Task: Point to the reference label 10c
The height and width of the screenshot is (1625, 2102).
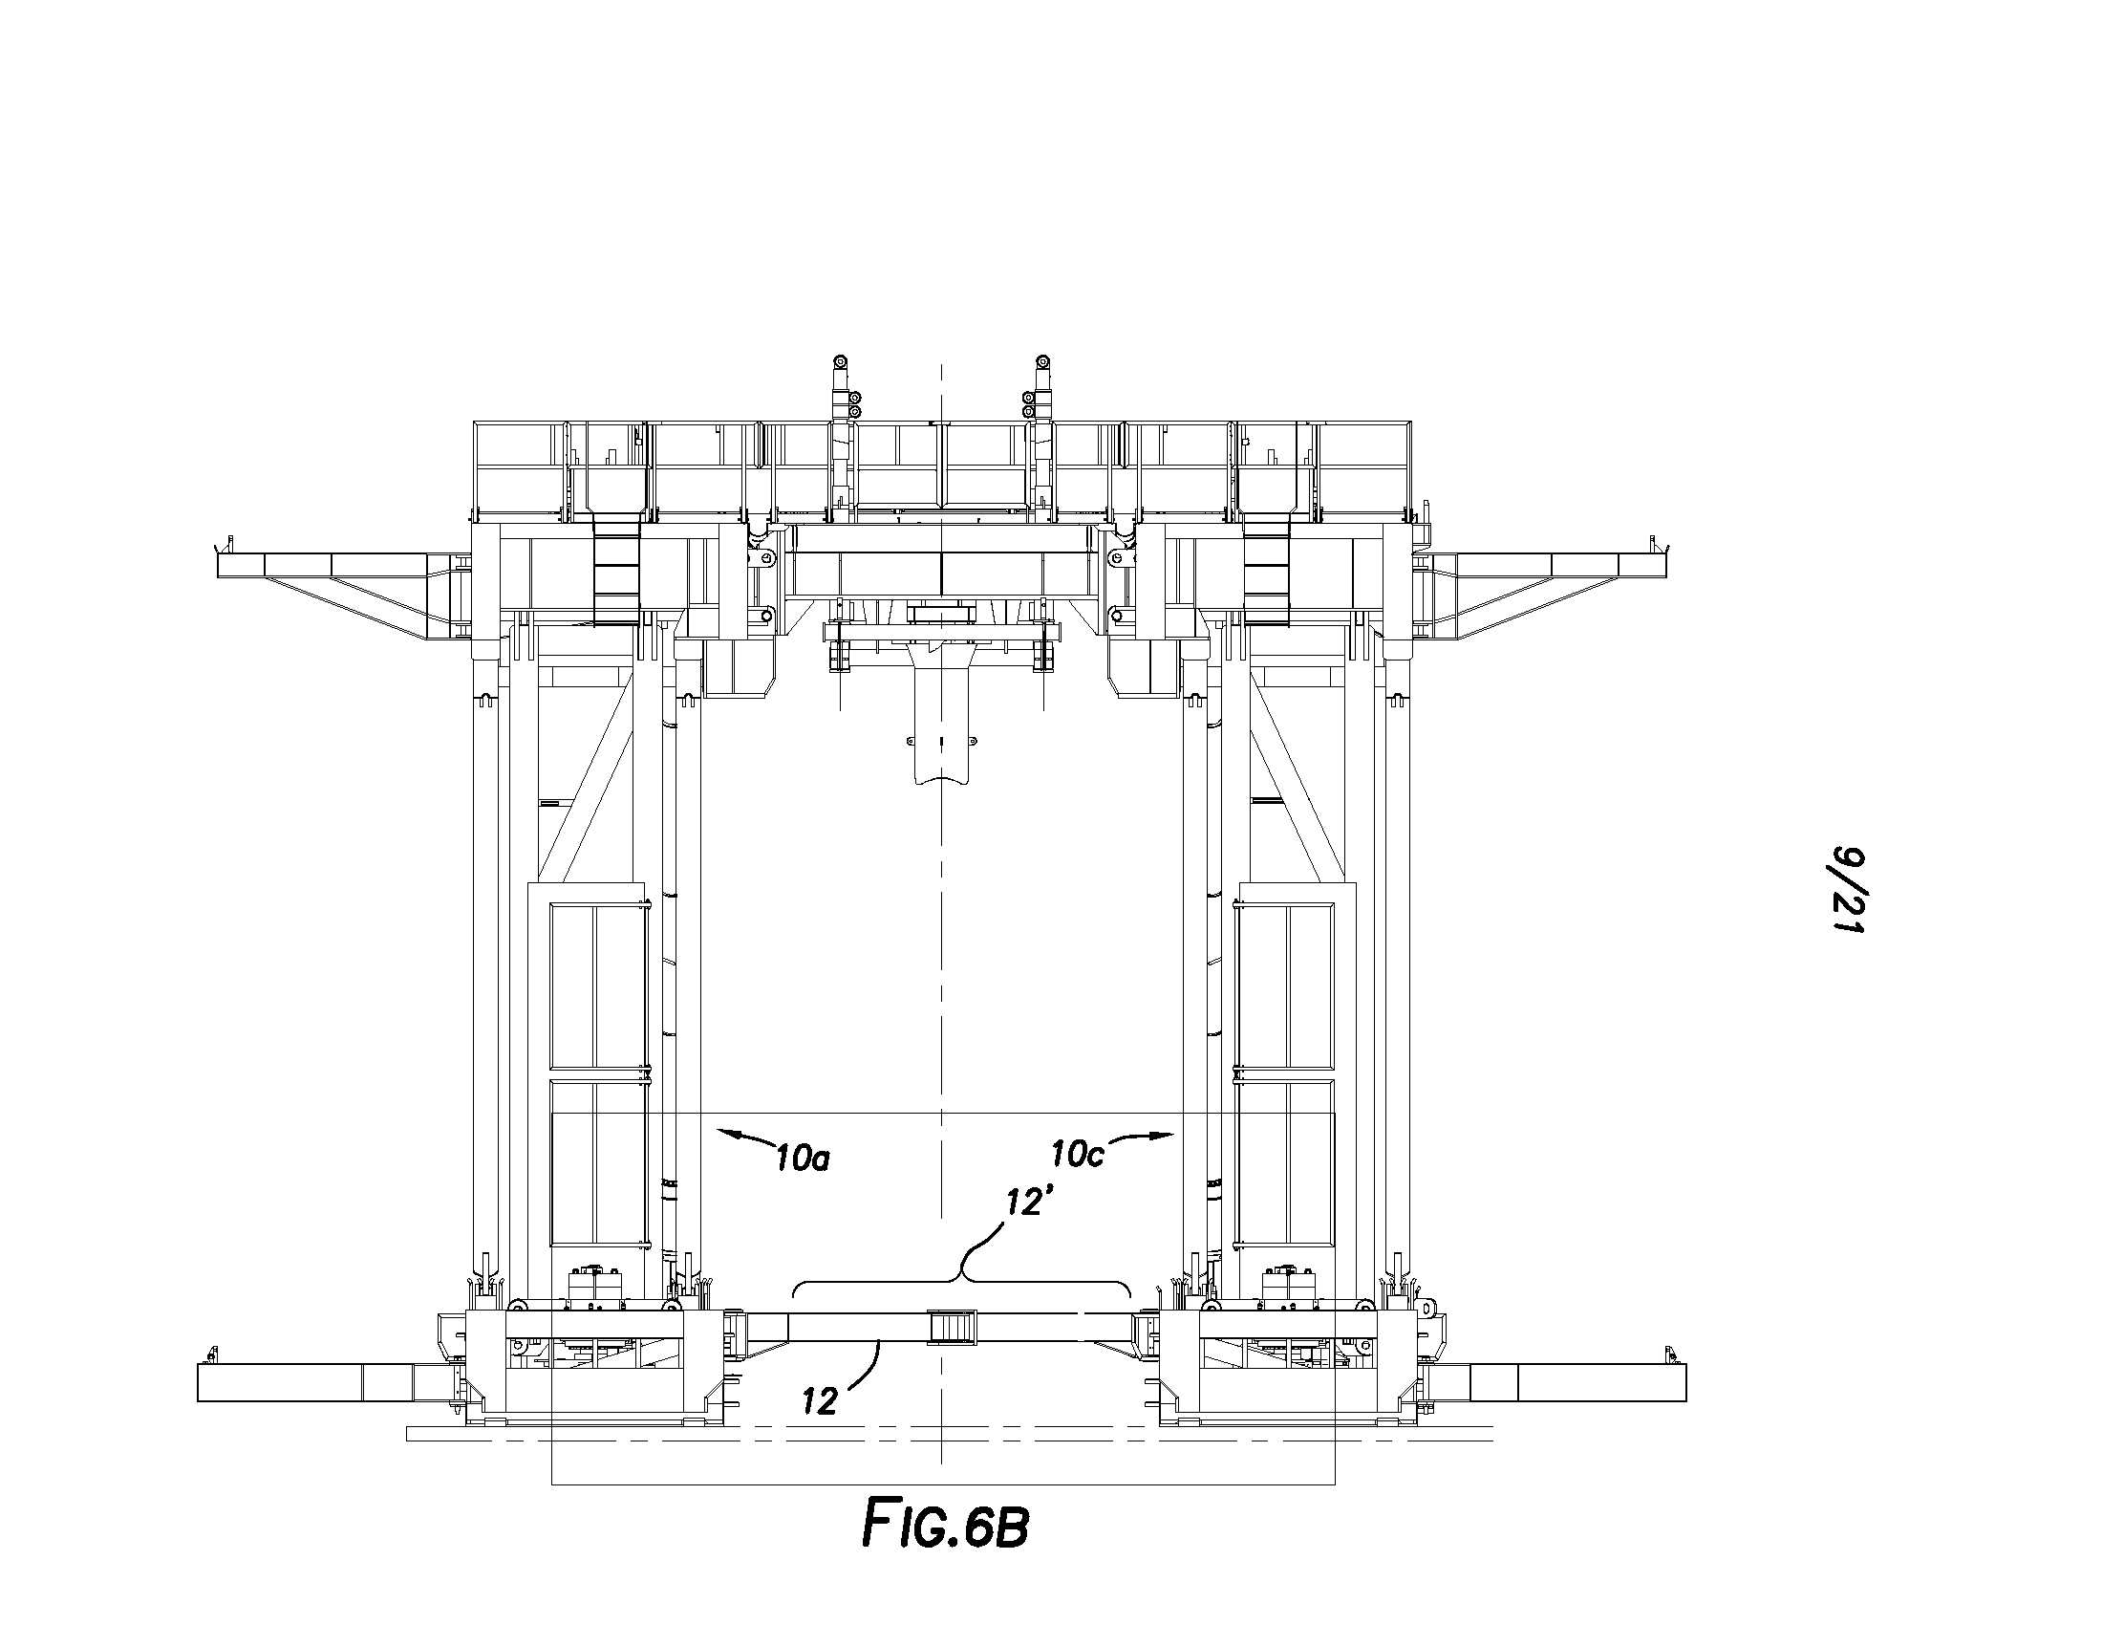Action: (x=1077, y=1154)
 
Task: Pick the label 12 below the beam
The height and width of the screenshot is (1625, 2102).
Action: (x=820, y=1401)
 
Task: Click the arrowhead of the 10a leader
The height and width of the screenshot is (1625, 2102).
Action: (x=719, y=1133)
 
